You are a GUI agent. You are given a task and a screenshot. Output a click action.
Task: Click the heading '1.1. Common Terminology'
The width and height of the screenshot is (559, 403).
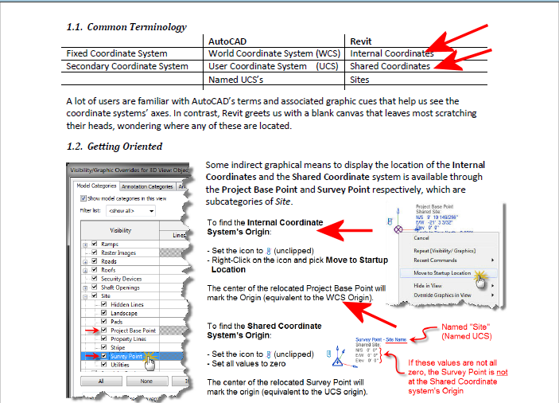tap(126, 27)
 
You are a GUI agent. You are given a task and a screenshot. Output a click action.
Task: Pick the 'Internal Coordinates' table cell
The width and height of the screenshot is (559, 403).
tap(391, 53)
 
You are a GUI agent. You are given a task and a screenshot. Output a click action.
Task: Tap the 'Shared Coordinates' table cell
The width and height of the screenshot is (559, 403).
tap(390, 66)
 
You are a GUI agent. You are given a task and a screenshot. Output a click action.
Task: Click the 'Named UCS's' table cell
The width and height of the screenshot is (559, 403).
tap(236, 80)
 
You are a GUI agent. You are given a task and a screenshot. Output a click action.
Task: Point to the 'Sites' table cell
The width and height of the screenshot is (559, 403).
tap(359, 80)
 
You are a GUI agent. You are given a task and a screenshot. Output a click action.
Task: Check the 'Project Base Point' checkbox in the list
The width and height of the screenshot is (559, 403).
tap(105, 330)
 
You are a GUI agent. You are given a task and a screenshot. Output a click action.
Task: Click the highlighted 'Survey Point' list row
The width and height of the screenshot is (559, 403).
tap(127, 356)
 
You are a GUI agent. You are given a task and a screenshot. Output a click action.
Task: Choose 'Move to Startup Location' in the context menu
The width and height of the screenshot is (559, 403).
tap(444, 273)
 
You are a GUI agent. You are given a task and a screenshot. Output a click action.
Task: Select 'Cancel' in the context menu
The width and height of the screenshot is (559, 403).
tap(421, 237)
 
